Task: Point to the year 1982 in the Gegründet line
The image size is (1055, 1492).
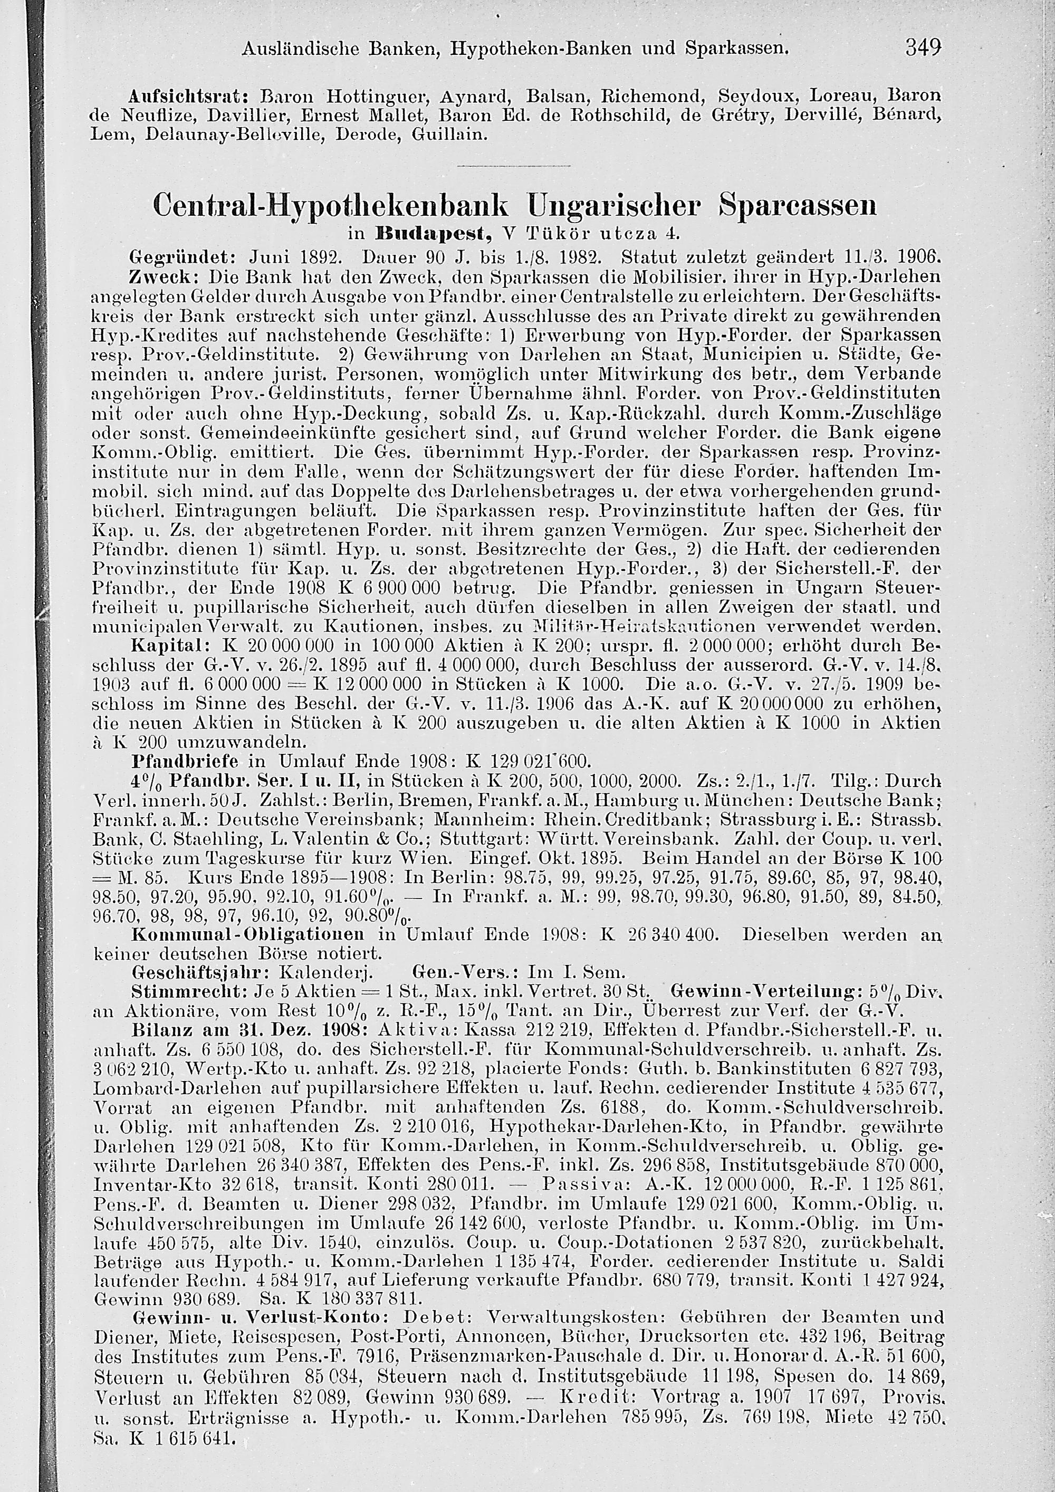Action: coord(576,253)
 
